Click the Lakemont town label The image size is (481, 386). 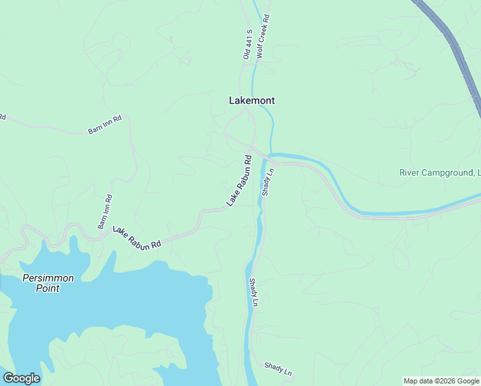[252, 100]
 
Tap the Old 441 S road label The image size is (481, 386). [247, 44]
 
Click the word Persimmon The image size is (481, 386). [48, 278]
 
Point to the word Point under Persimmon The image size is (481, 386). [48, 289]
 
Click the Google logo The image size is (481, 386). [21, 378]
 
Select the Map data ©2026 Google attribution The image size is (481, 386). [441, 381]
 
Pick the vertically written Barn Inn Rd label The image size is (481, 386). [105, 212]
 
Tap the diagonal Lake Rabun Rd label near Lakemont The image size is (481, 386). [239, 181]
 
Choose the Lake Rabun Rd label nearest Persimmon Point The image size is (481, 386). [137, 237]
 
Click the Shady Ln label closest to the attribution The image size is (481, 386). [278, 369]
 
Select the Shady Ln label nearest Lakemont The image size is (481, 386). [268, 182]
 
